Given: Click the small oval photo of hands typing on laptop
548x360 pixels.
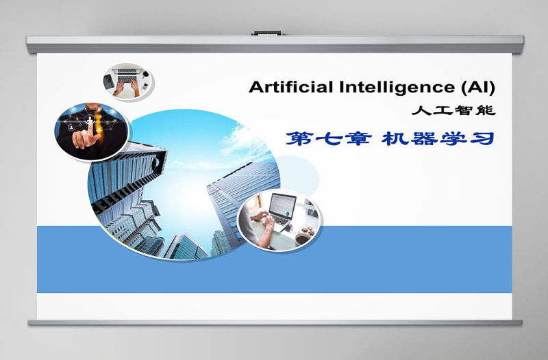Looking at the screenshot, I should click(x=128, y=81).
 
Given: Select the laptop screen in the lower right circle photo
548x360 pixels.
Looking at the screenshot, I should click(x=282, y=205).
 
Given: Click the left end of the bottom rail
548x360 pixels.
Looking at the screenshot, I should click(x=30, y=322).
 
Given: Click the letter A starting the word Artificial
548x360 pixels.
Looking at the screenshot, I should click(x=256, y=87).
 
